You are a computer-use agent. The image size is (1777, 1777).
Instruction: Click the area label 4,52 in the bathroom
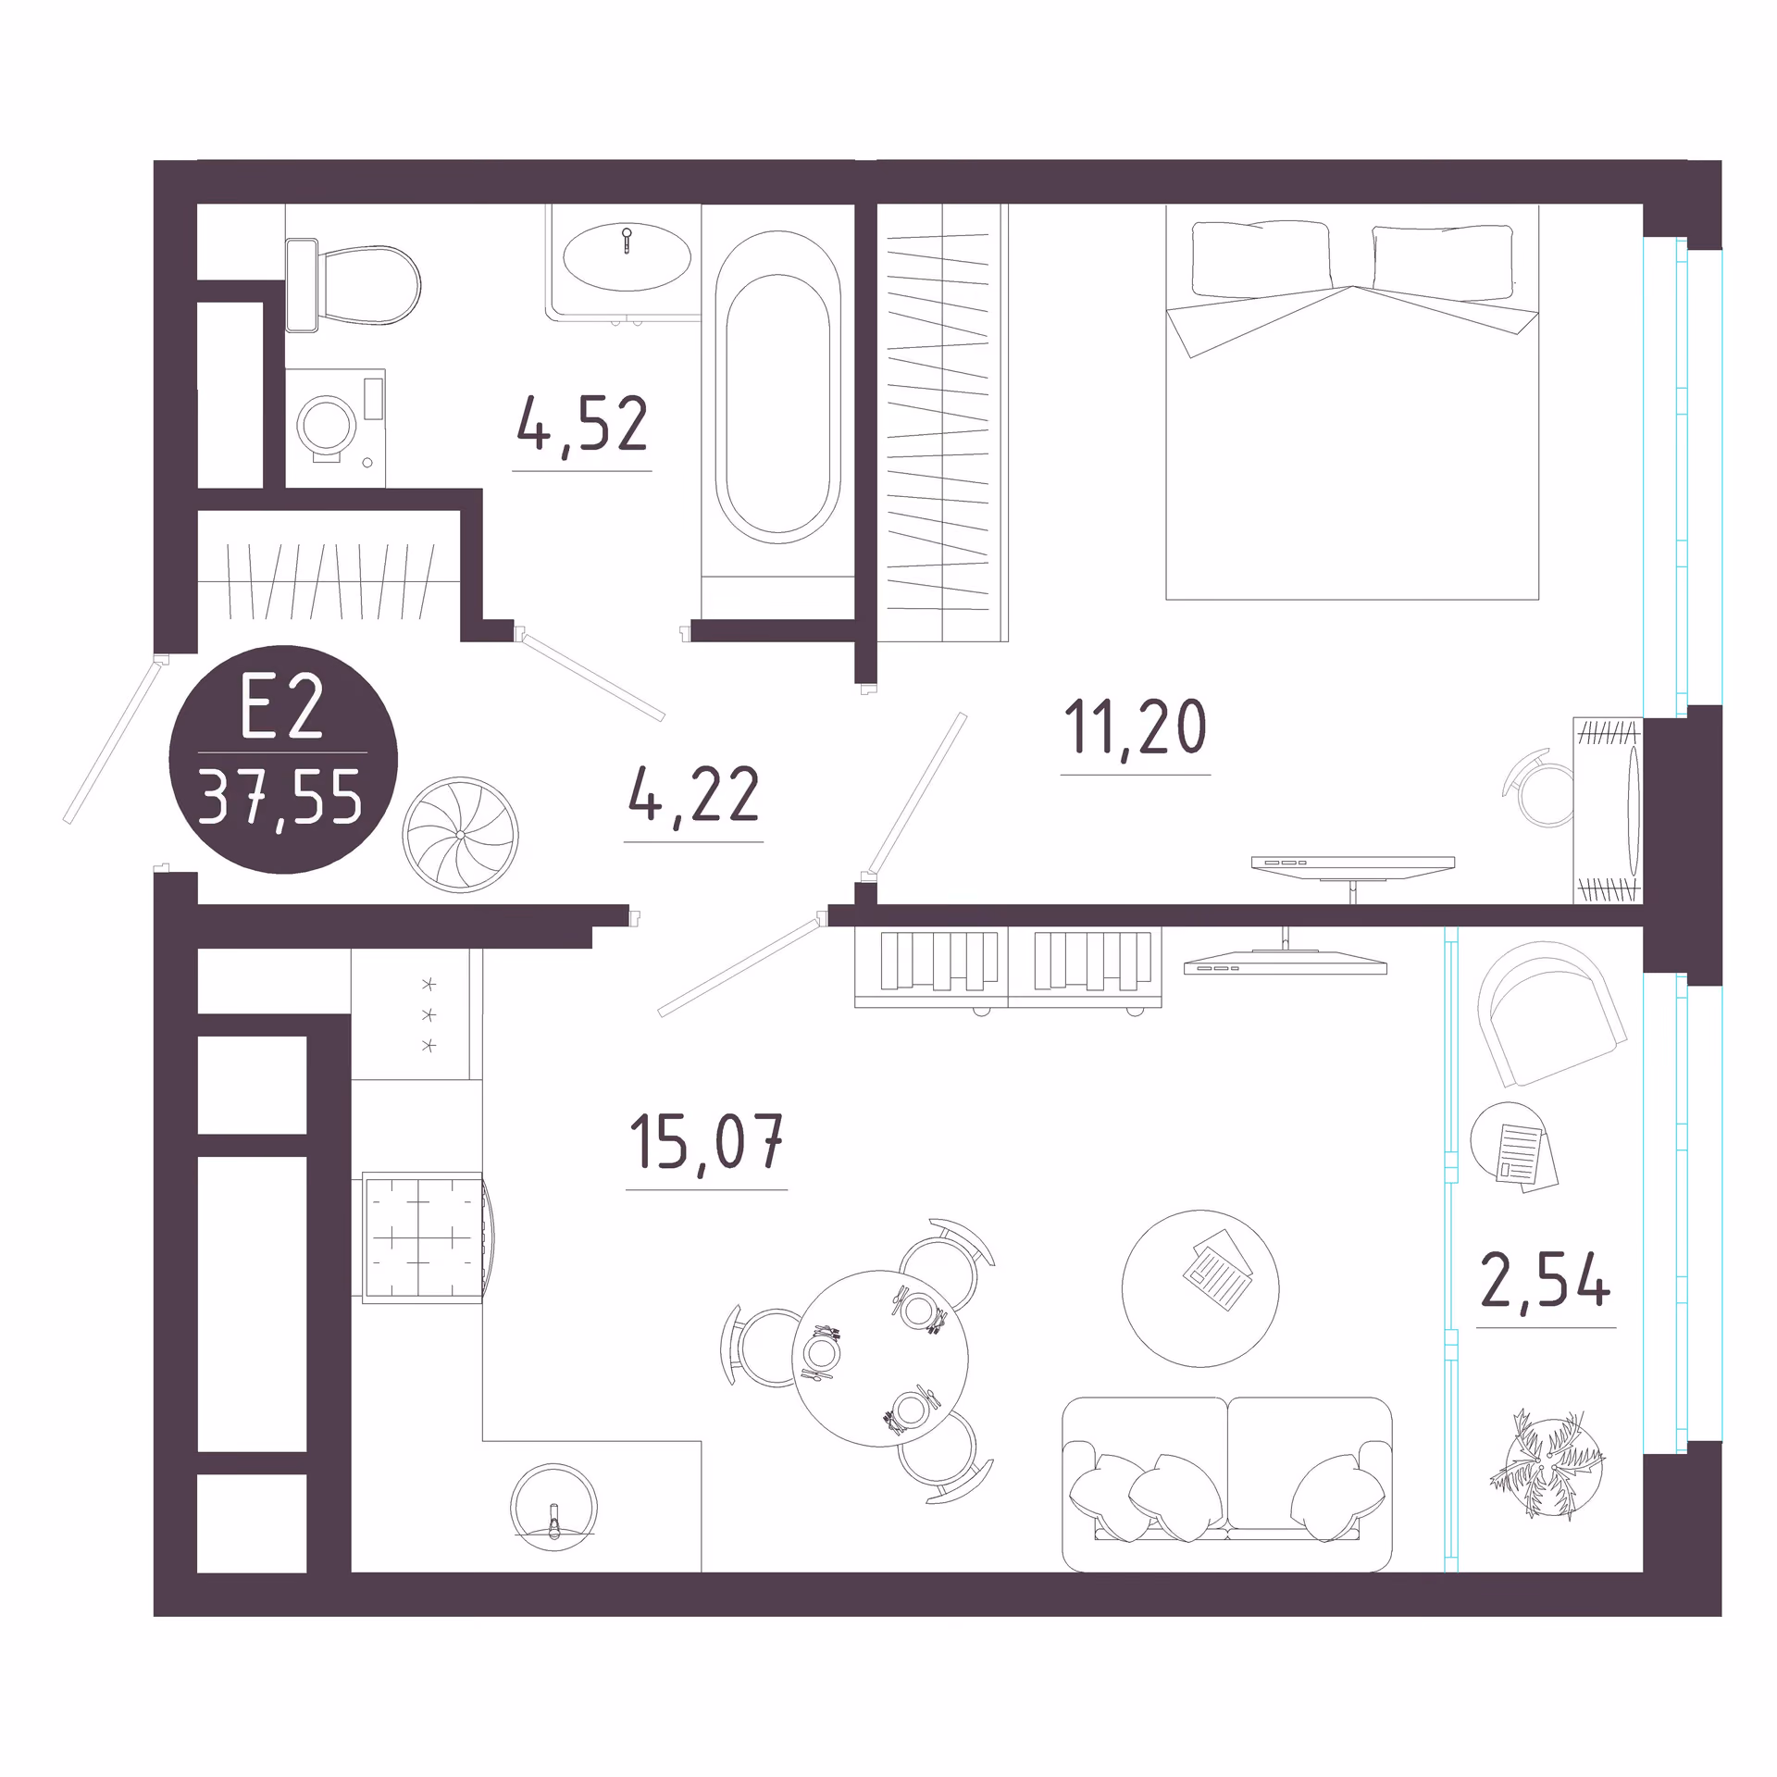[582, 424]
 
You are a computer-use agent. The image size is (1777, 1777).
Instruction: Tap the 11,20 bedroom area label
[1135, 728]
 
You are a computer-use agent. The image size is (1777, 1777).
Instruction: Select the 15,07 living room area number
[706, 1143]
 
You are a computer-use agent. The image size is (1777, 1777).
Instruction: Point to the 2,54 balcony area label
[1546, 1280]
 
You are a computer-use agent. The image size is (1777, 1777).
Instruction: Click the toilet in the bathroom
[353, 285]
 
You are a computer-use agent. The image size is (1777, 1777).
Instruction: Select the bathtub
[777, 388]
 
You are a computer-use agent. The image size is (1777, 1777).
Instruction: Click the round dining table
[880, 1358]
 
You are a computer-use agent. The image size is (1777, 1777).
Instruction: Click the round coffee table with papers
[1200, 1288]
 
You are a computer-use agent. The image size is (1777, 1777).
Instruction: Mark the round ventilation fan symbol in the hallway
[460, 834]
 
